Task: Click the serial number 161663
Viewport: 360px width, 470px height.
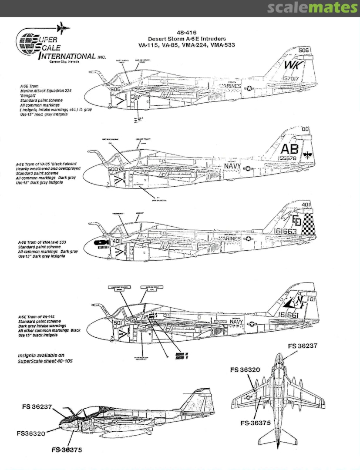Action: click(286, 232)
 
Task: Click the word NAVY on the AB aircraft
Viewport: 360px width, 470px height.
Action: click(232, 166)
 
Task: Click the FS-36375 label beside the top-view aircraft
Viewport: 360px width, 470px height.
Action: click(256, 423)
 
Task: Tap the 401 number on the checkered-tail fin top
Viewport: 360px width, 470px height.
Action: click(306, 204)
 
